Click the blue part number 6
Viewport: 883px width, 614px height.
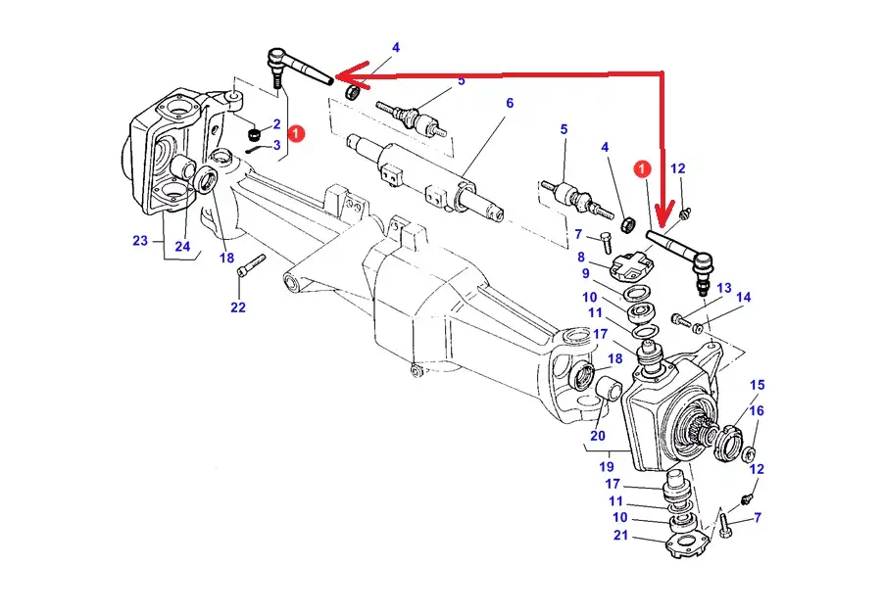tap(510, 104)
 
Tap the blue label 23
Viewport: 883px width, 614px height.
tap(139, 241)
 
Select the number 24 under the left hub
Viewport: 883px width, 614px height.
tap(182, 246)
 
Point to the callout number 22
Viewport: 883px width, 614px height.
tap(238, 307)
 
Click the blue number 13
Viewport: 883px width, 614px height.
tap(724, 289)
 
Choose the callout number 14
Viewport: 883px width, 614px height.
tap(744, 298)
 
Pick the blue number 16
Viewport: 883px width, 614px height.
tap(757, 410)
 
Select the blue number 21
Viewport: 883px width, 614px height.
tap(619, 534)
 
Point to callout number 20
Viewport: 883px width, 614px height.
tap(598, 436)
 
